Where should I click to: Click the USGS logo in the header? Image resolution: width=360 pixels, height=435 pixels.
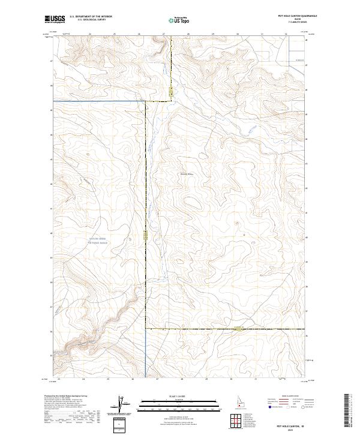click(56, 20)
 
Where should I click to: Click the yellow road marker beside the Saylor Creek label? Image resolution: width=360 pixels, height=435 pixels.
click(145, 238)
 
